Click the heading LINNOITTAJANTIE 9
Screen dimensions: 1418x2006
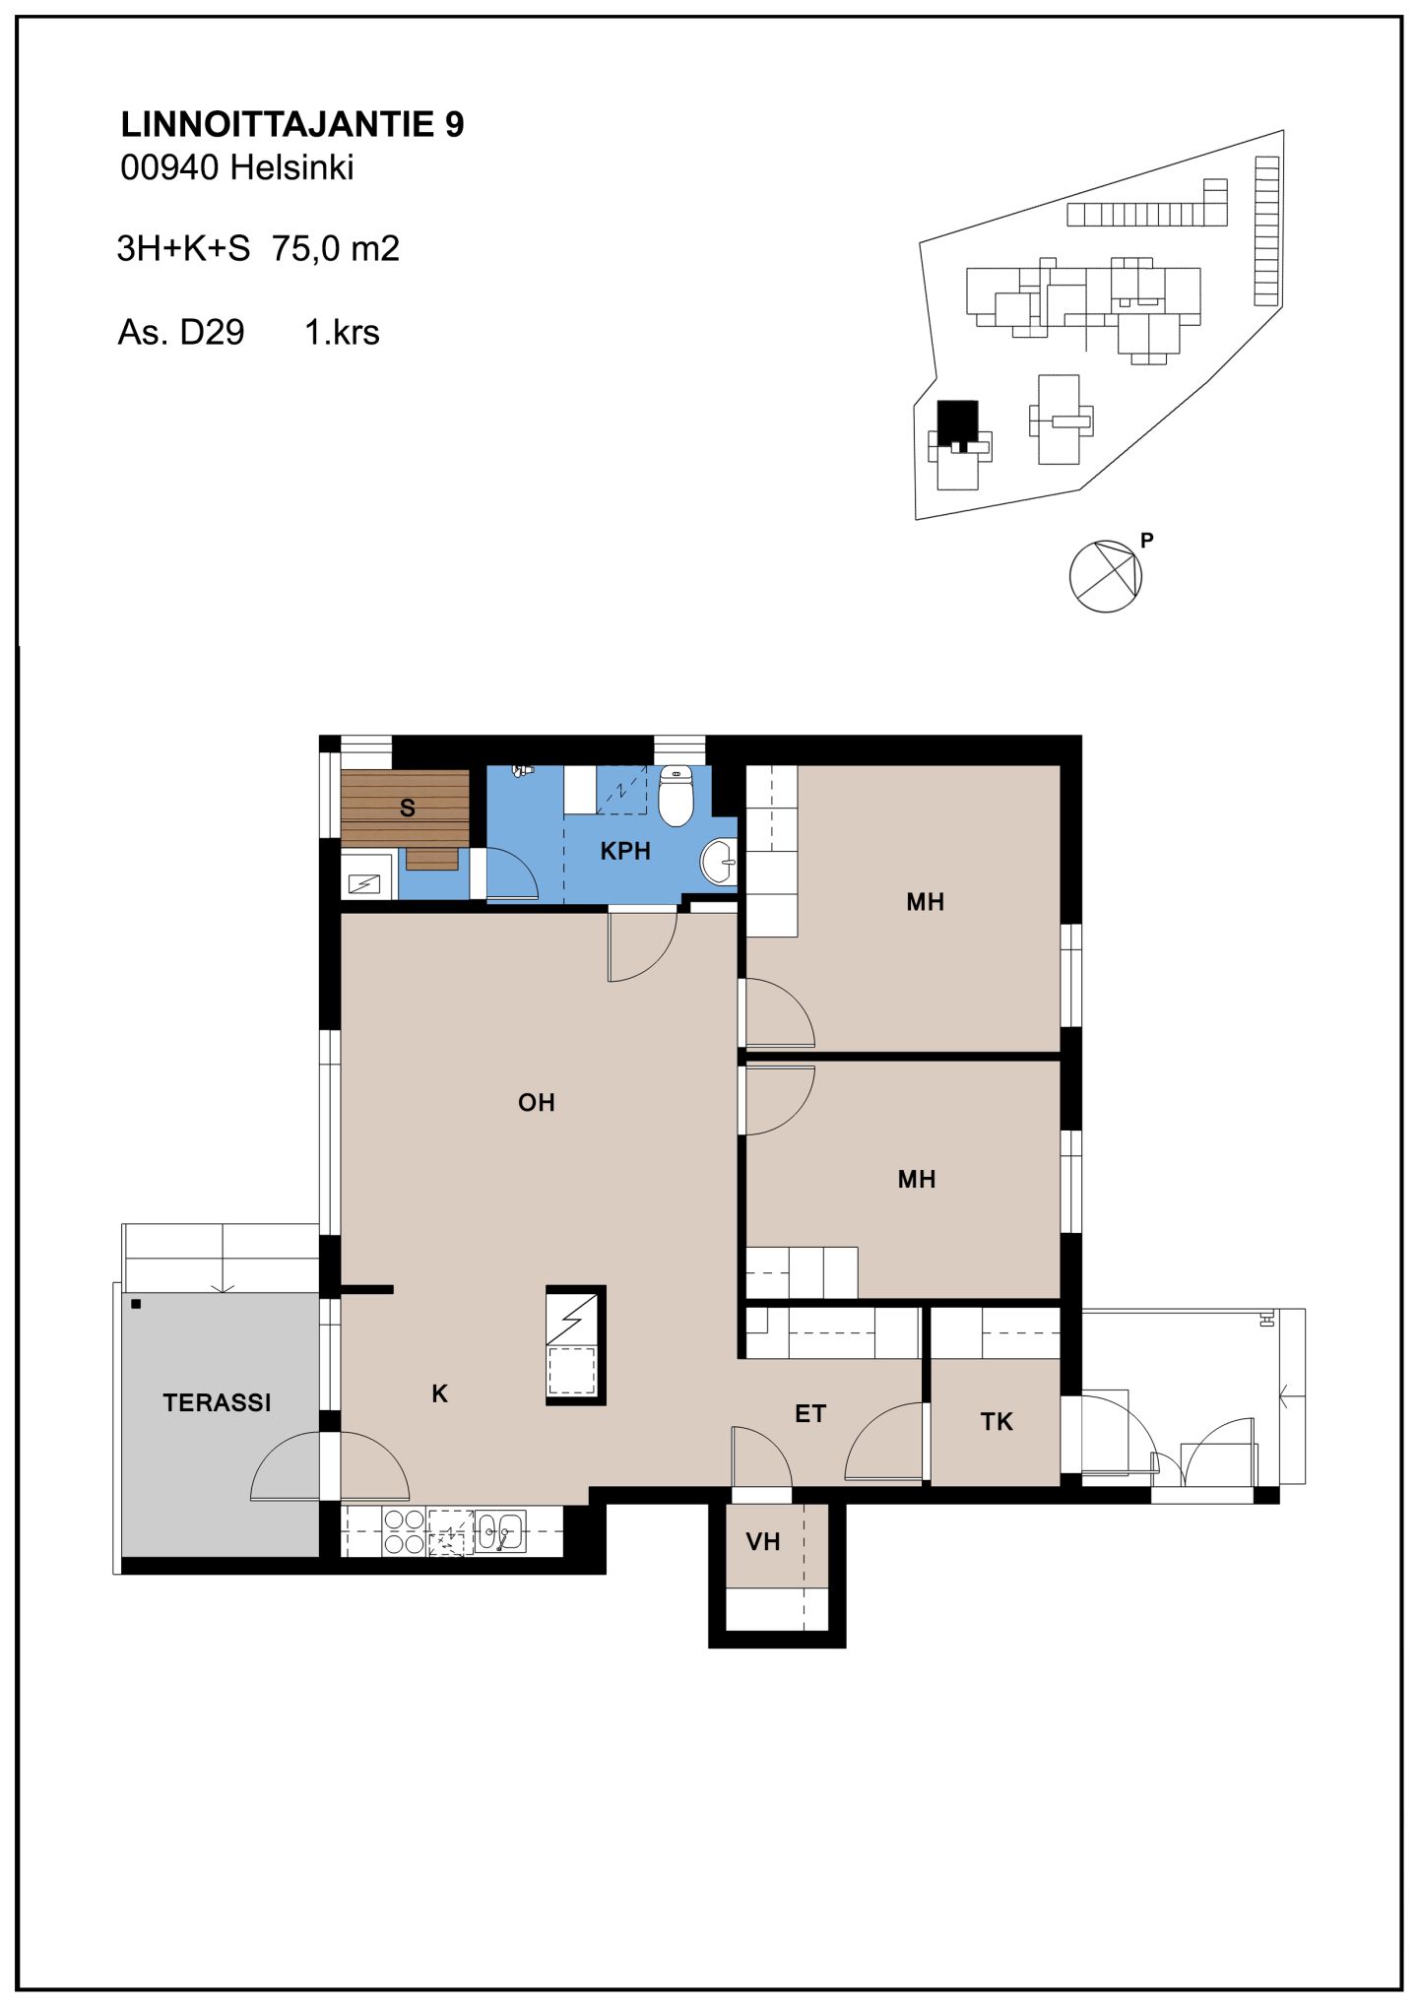coord(292,125)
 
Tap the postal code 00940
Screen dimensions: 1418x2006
coord(169,168)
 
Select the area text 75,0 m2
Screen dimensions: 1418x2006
coord(336,249)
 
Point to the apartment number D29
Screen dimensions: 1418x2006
coord(212,333)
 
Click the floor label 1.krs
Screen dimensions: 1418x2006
coord(342,333)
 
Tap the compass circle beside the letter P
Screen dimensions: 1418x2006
coord(1105,576)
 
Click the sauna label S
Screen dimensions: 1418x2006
coord(408,809)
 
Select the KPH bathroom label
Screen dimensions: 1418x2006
coord(625,851)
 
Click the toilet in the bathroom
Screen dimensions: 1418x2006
coord(676,795)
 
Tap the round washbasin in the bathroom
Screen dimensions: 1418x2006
coord(719,863)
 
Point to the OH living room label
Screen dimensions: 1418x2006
coord(537,1103)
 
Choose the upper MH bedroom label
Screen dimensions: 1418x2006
coord(926,902)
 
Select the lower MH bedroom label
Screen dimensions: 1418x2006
coord(917,1180)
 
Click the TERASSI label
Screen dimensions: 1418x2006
coord(217,1403)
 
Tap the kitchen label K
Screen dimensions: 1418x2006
coord(440,1394)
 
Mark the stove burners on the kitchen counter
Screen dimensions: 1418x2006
coord(404,1532)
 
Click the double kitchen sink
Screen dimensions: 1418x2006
coord(500,1531)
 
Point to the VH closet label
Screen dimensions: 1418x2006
coord(763,1542)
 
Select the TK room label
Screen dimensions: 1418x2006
coord(997,1422)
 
